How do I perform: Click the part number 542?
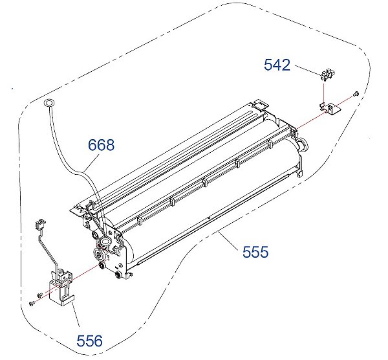coord(277,65)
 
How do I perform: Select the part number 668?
coord(102,145)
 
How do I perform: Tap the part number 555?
coord(255,252)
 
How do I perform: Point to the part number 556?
coord(89,341)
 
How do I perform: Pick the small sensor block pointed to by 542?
coord(328,74)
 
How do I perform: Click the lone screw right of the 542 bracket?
coord(356,93)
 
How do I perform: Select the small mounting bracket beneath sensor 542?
coord(330,109)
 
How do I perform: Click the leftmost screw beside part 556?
coord(31,303)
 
